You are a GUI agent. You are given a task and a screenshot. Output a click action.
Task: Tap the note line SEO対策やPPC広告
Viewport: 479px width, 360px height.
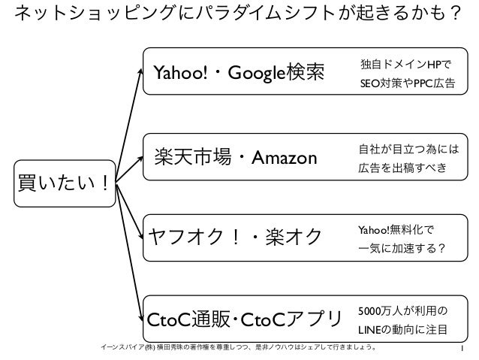tap(407, 83)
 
